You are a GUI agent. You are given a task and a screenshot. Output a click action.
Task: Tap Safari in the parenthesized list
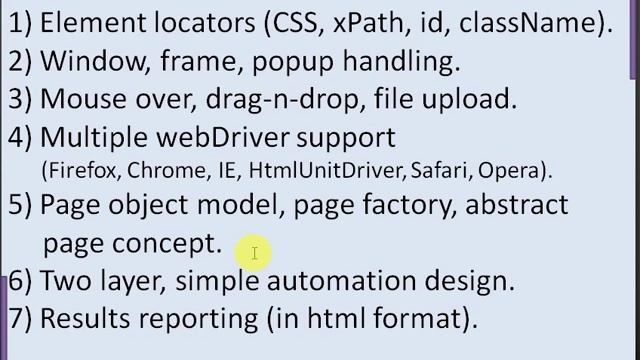coord(441,170)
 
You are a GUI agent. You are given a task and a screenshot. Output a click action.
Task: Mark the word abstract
coord(517,205)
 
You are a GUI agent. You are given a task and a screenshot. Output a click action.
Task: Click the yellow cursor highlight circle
coord(255,253)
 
